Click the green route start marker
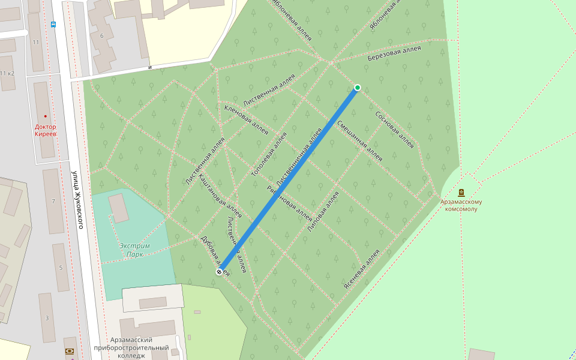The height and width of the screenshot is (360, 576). [358, 88]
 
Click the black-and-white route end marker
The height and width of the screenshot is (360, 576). [219, 272]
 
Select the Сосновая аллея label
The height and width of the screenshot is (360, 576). [395, 130]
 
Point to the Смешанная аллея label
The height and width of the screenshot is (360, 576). [359, 141]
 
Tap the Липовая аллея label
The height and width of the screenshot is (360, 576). [323, 212]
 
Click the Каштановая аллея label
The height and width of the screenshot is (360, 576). [220, 196]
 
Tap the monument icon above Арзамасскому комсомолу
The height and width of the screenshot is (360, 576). [461, 193]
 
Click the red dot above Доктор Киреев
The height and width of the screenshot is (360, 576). [45, 116]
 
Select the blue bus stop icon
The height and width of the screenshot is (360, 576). [53, 25]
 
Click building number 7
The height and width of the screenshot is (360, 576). [53, 201]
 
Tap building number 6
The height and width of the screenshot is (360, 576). [102, 35]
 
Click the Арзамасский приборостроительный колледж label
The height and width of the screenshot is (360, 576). [131, 347]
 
